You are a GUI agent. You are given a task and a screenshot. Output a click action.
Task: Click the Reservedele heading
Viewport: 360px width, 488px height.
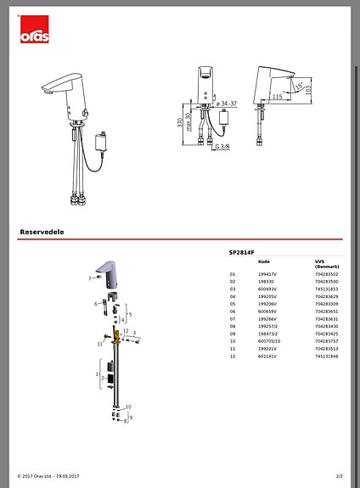pyautogui.click(x=42, y=231)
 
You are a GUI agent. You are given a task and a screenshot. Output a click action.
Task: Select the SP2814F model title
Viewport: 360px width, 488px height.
pyautogui.click(x=243, y=253)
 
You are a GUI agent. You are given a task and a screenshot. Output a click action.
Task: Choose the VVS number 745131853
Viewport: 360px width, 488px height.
pyautogui.click(x=326, y=289)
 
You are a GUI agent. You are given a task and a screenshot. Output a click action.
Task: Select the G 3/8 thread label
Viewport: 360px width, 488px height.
pyautogui.click(x=223, y=147)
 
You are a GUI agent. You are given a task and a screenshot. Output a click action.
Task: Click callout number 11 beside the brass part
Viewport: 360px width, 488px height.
pyautogui.click(x=99, y=345)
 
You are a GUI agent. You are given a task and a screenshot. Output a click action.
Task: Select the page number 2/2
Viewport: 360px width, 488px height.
pyautogui.click(x=339, y=476)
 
